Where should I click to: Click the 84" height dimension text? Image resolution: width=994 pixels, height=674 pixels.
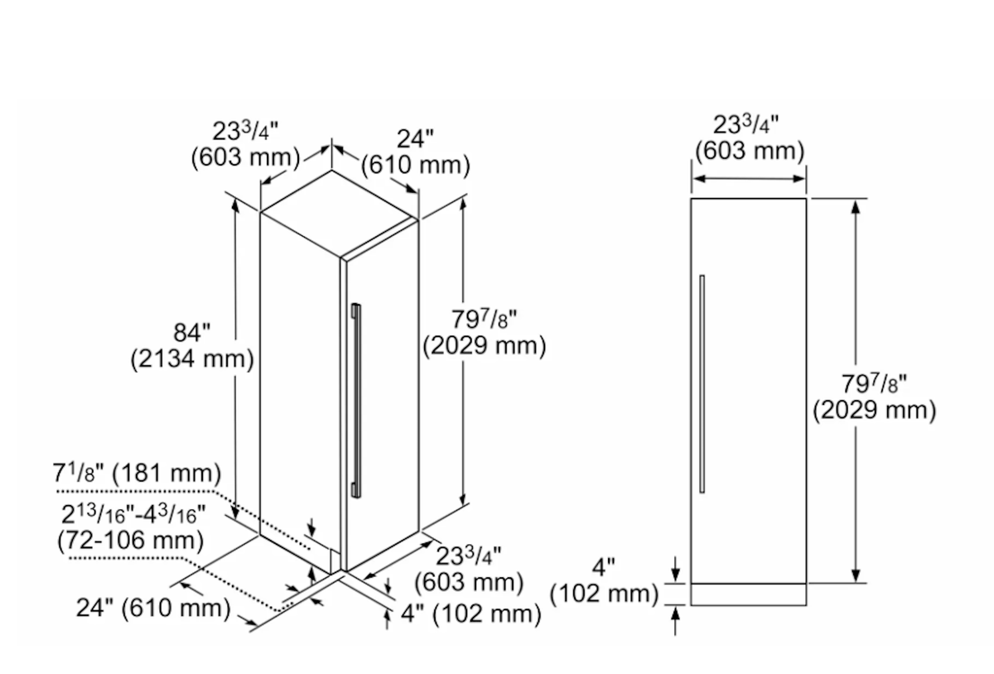pyautogui.click(x=191, y=332)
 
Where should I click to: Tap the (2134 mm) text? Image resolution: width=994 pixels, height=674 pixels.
pyautogui.click(x=192, y=359)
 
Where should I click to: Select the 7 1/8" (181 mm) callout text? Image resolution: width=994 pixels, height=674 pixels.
pyautogui.click(x=137, y=473)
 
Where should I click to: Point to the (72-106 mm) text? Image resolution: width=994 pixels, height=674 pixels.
pyautogui.click(x=131, y=541)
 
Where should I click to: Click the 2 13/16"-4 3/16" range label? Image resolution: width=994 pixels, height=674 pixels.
pyautogui.click(x=133, y=514)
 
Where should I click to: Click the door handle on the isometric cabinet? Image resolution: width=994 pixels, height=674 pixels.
pyautogui.click(x=356, y=400)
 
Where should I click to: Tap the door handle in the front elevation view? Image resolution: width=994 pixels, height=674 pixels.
pyautogui.click(x=702, y=384)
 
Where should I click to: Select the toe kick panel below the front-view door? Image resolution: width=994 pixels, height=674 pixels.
pyautogui.click(x=749, y=595)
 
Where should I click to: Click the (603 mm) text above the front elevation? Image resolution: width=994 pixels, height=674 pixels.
pyautogui.click(x=750, y=151)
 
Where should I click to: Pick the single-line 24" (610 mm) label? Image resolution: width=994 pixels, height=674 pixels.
pyautogui.click(x=153, y=608)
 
